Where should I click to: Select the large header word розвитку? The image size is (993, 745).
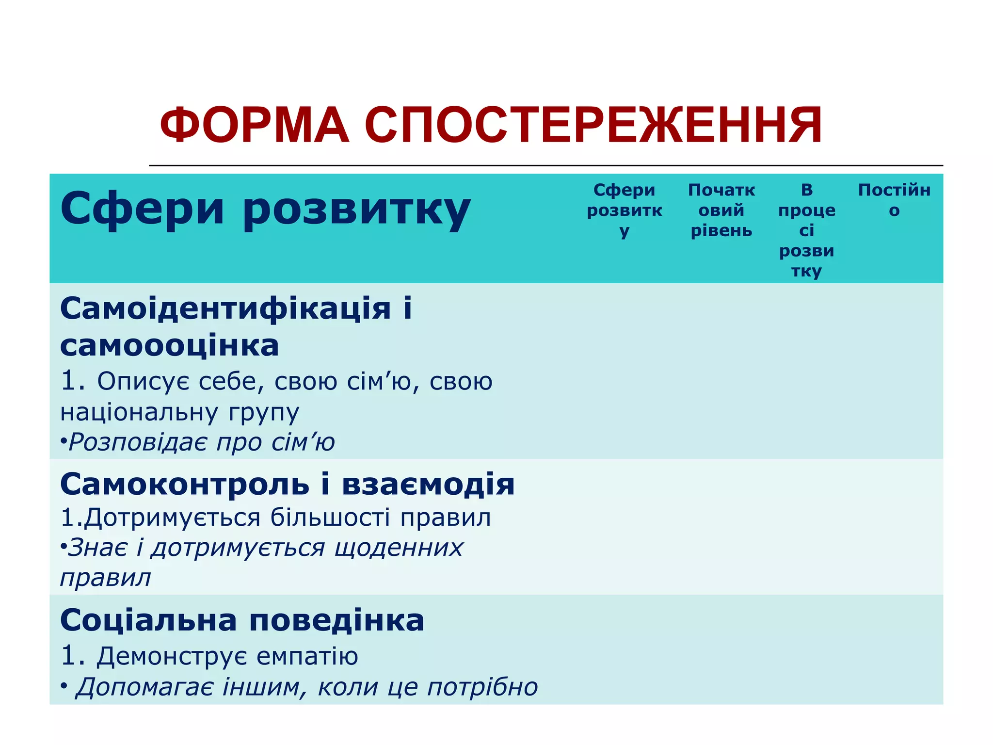(356, 210)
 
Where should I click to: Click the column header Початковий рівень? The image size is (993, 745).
(721, 210)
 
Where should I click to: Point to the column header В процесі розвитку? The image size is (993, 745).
(807, 230)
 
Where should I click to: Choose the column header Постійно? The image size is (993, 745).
(894, 200)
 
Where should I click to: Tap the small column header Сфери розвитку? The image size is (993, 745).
(625, 210)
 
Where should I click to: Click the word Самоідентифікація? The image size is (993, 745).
(225, 308)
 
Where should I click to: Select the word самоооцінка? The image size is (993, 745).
(170, 346)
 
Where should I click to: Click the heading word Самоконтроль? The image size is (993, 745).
(185, 484)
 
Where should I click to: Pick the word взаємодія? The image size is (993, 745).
(428, 484)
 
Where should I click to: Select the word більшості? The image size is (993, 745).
(330, 518)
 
